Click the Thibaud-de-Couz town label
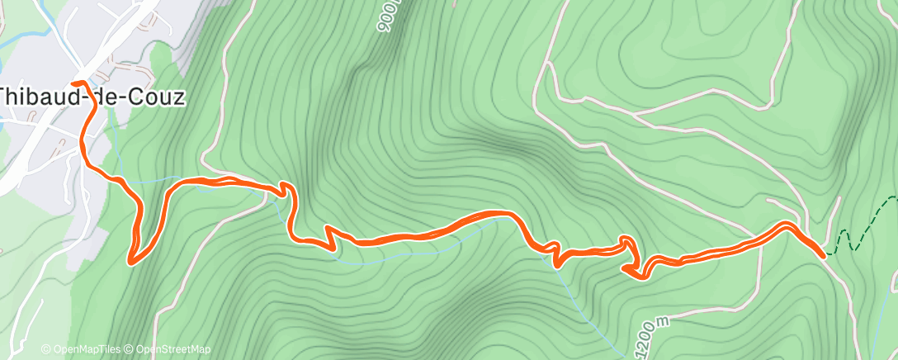[91, 97]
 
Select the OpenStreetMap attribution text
[173, 349]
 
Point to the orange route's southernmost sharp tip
[131, 263]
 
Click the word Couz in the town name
[158, 97]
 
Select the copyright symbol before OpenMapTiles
[46, 349]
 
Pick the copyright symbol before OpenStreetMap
[130, 349]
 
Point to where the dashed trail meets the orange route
[825, 256]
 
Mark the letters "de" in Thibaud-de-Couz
[105, 97]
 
